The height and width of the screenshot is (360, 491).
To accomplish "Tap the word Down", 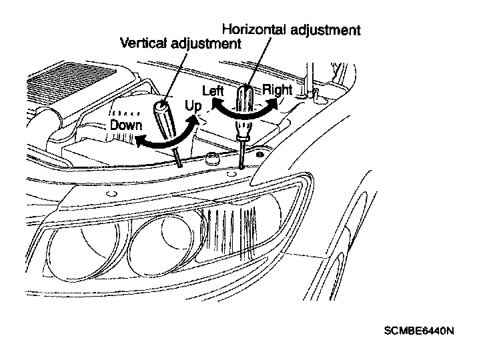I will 127,125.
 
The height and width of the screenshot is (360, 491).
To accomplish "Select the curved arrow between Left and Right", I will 243,113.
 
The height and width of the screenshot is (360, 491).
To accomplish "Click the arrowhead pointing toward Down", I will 139,141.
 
